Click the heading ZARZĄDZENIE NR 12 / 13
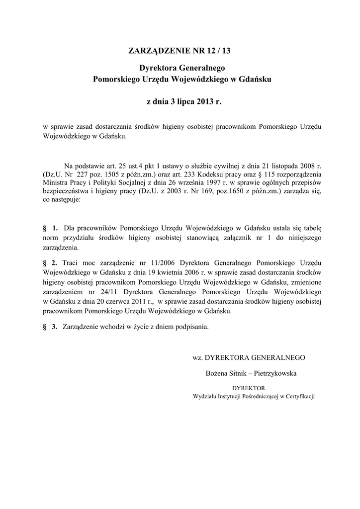click(x=180, y=50)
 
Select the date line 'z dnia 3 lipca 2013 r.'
click(x=180, y=102)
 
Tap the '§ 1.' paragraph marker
click(x=51, y=228)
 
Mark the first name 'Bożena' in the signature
click(x=216, y=373)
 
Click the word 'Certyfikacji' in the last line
click(x=299, y=396)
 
